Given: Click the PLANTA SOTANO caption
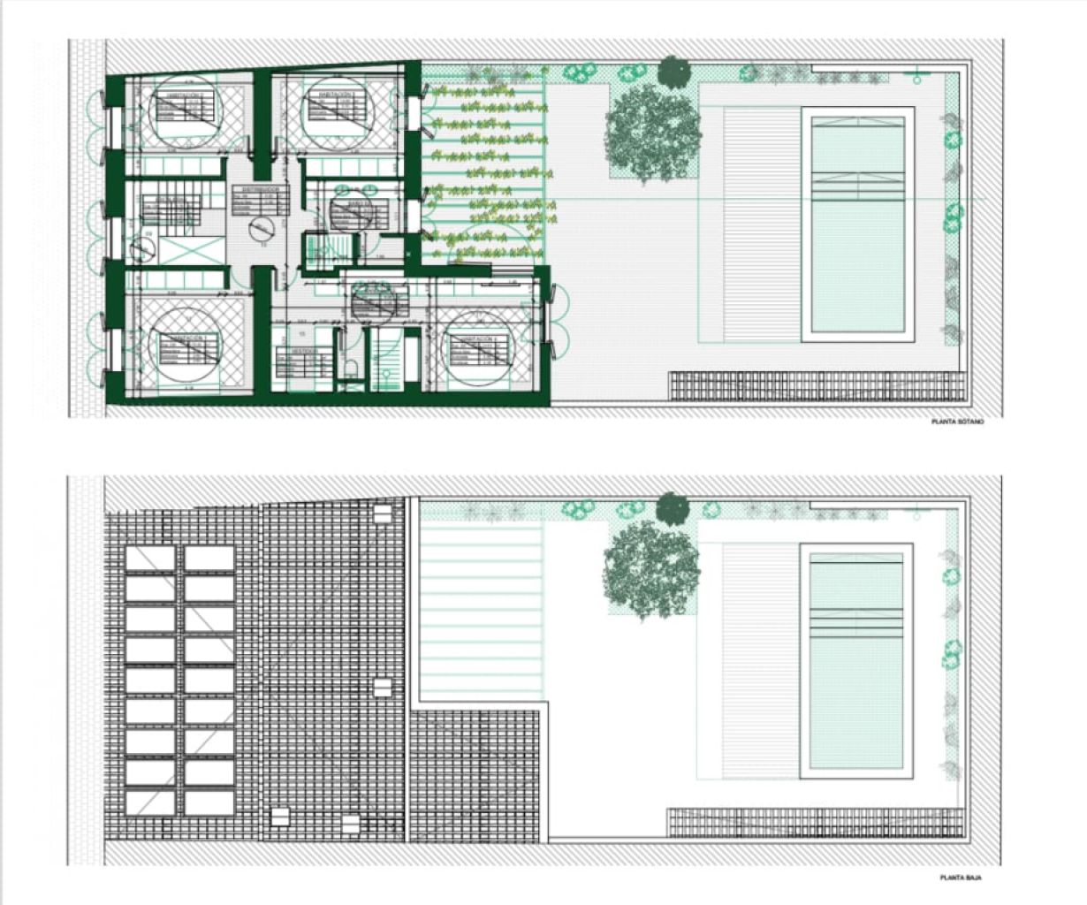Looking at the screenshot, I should (x=957, y=422).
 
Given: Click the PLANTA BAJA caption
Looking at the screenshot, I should (x=961, y=878).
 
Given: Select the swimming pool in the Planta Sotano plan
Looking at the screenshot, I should (x=857, y=224).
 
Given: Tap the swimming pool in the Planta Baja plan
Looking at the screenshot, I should (x=855, y=660).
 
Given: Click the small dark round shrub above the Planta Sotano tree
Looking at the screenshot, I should (x=673, y=72).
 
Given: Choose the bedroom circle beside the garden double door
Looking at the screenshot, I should (x=476, y=348).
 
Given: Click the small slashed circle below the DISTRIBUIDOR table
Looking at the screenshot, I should (x=261, y=230).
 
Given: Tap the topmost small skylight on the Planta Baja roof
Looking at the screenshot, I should (x=383, y=512).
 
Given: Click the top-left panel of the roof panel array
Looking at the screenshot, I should (x=150, y=559).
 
